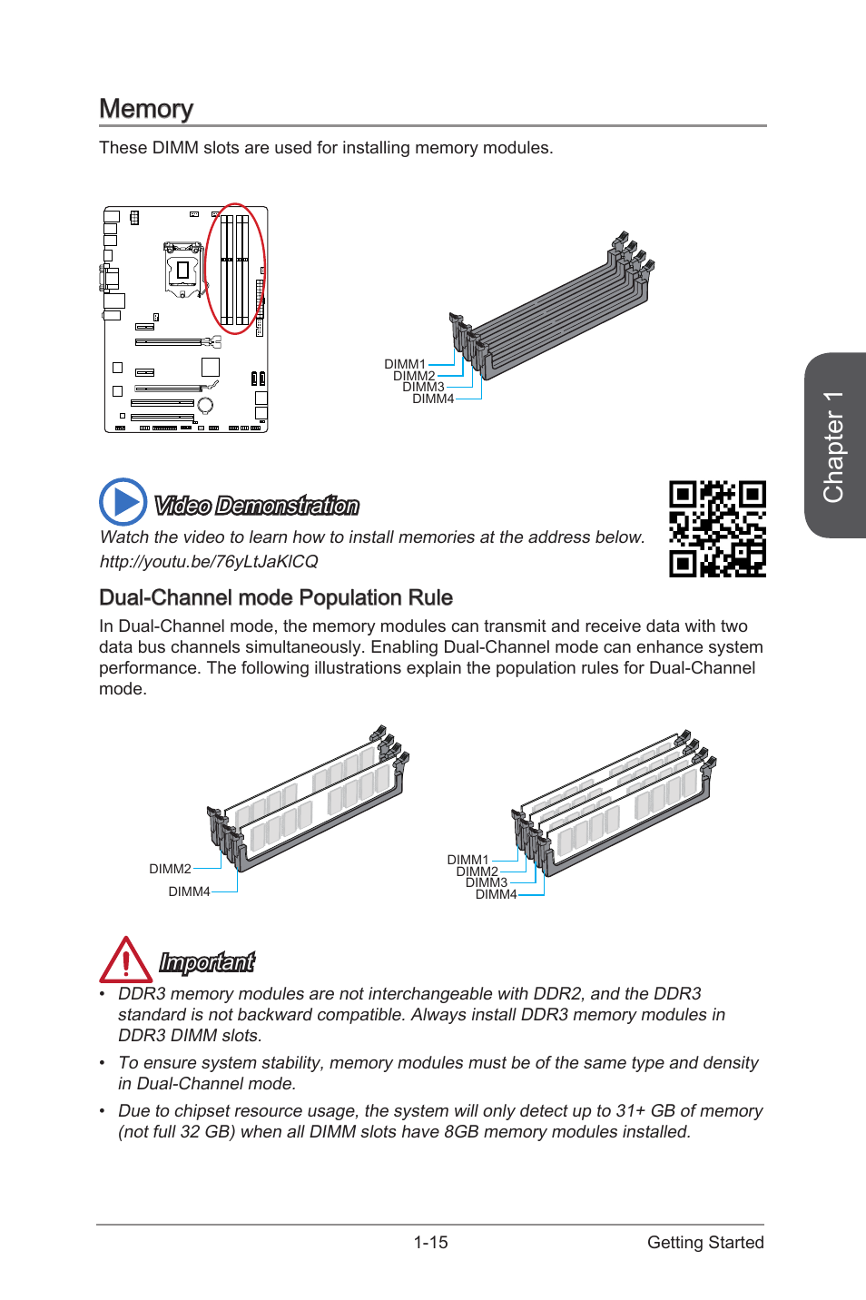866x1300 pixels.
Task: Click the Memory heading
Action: click(146, 109)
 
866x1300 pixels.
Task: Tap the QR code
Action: click(717, 528)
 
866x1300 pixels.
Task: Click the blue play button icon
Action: click(123, 501)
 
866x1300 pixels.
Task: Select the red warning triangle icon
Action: click(125, 961)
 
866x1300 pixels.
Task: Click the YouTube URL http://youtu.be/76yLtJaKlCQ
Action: click(209, 561)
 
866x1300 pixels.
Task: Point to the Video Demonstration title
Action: click(257, 506)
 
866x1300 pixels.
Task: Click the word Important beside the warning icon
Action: click(207, 962)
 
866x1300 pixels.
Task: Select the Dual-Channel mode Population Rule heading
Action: click(275, 597)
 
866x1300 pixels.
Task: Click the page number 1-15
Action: click(430, 1242)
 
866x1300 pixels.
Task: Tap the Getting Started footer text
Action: click(705, 1242)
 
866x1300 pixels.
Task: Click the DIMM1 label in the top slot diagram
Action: click(404, 364)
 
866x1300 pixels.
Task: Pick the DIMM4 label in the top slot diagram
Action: click(433, 399)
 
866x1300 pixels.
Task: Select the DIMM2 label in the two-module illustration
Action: click(170, 869)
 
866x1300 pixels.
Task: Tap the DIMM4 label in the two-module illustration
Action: click(189, 891)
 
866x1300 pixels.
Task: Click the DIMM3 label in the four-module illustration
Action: click(487, 882)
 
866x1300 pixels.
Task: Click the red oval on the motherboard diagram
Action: click(235, 269)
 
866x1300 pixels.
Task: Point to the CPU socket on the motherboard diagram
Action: click(182, 270)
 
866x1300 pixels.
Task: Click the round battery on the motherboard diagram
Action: click(205, 405)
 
